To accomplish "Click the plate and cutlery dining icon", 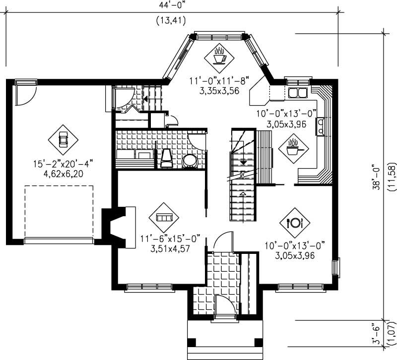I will (294, 222).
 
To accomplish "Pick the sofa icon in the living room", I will (164, 217).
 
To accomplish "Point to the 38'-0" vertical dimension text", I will (378, 177).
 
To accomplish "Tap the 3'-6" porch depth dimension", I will (378, 335).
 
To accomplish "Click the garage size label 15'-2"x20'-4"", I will (63, 164).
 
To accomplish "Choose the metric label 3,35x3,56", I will (218, 91).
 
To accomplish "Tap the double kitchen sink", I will (297, 92).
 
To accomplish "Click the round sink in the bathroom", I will (190, 162).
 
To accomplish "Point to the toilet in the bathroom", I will (167, 158).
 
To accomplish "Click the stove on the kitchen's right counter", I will (322, 126).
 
